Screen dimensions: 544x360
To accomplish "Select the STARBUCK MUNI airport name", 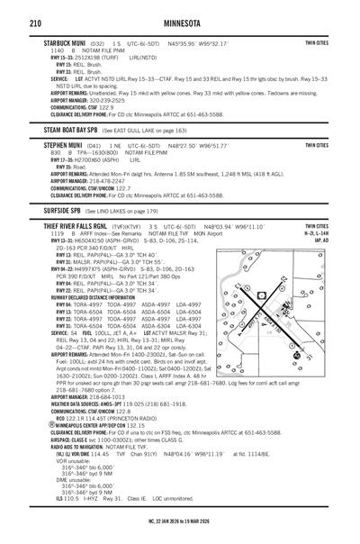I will coord(64,41).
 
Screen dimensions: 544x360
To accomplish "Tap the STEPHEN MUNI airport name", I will coord(61,144).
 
